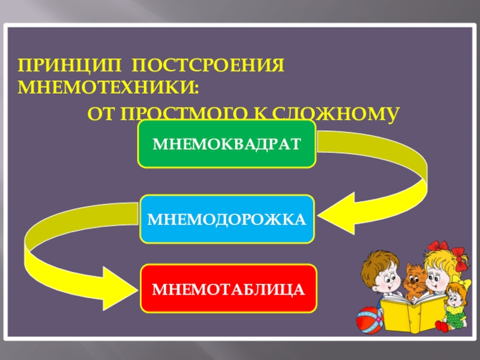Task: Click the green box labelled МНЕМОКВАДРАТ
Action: click(226, 143)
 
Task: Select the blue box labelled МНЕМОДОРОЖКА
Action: click(226, 219)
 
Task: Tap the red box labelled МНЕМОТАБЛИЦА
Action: click(228, 289)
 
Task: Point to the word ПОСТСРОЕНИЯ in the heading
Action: click(208, 65)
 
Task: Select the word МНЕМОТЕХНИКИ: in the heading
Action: click(108, 88)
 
